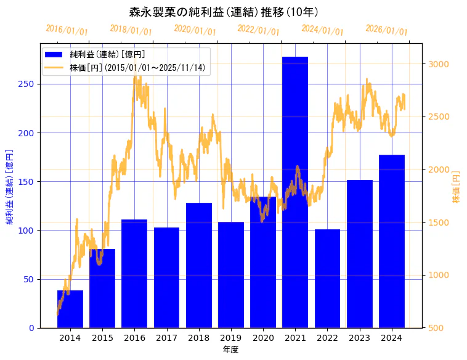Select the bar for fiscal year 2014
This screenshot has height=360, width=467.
[x=70, y=309]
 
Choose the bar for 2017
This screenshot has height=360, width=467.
[x=166, y=277]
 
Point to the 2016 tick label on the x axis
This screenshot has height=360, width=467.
[x=134, y=338]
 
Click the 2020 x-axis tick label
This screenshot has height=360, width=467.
[x=263, y=338]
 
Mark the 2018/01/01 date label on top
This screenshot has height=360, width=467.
[x=131, y=30]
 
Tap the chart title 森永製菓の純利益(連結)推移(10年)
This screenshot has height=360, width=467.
[x=224, y=12]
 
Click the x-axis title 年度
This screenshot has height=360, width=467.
[x=230, y=350]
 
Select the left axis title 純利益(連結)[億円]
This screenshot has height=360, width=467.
[x=9, y=186]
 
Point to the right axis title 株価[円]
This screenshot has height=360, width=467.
[x=457, y=187]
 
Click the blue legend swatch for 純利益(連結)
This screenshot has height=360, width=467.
[x=54, y=55]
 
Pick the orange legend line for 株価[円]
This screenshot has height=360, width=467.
[x=54, y=68]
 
